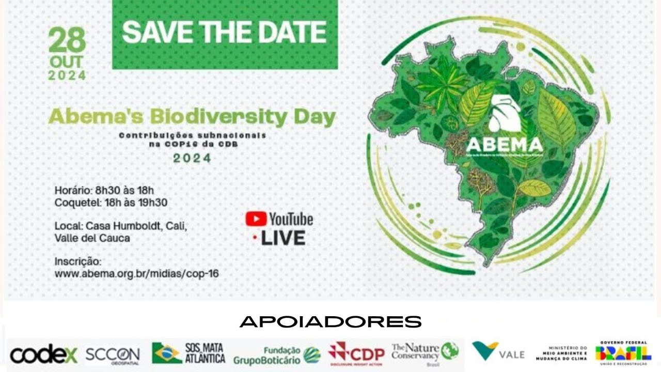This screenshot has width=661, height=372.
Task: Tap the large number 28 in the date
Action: point(67,40)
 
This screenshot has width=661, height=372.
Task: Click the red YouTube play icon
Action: point(256,219)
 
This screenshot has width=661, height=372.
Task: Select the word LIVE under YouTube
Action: point(282,238)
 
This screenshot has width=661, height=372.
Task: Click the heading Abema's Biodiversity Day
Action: point(192,117)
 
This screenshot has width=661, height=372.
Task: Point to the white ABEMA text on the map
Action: point(504,144)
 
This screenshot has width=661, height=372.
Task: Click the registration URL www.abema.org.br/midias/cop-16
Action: point(136,274)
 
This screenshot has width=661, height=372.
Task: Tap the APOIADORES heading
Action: point(330,321)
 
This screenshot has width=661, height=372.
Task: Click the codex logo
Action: point(43,354)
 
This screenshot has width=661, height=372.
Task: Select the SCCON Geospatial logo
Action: point(112,354)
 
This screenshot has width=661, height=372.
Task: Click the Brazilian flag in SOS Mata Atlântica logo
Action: point(166,353)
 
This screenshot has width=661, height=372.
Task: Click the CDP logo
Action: point(356,354)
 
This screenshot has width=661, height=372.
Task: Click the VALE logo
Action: point(498,352)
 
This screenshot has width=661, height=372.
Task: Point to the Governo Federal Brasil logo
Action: point(623,353)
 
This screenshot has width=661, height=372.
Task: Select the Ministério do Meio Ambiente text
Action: point(561,353)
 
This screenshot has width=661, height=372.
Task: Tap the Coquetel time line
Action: point(111,203)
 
